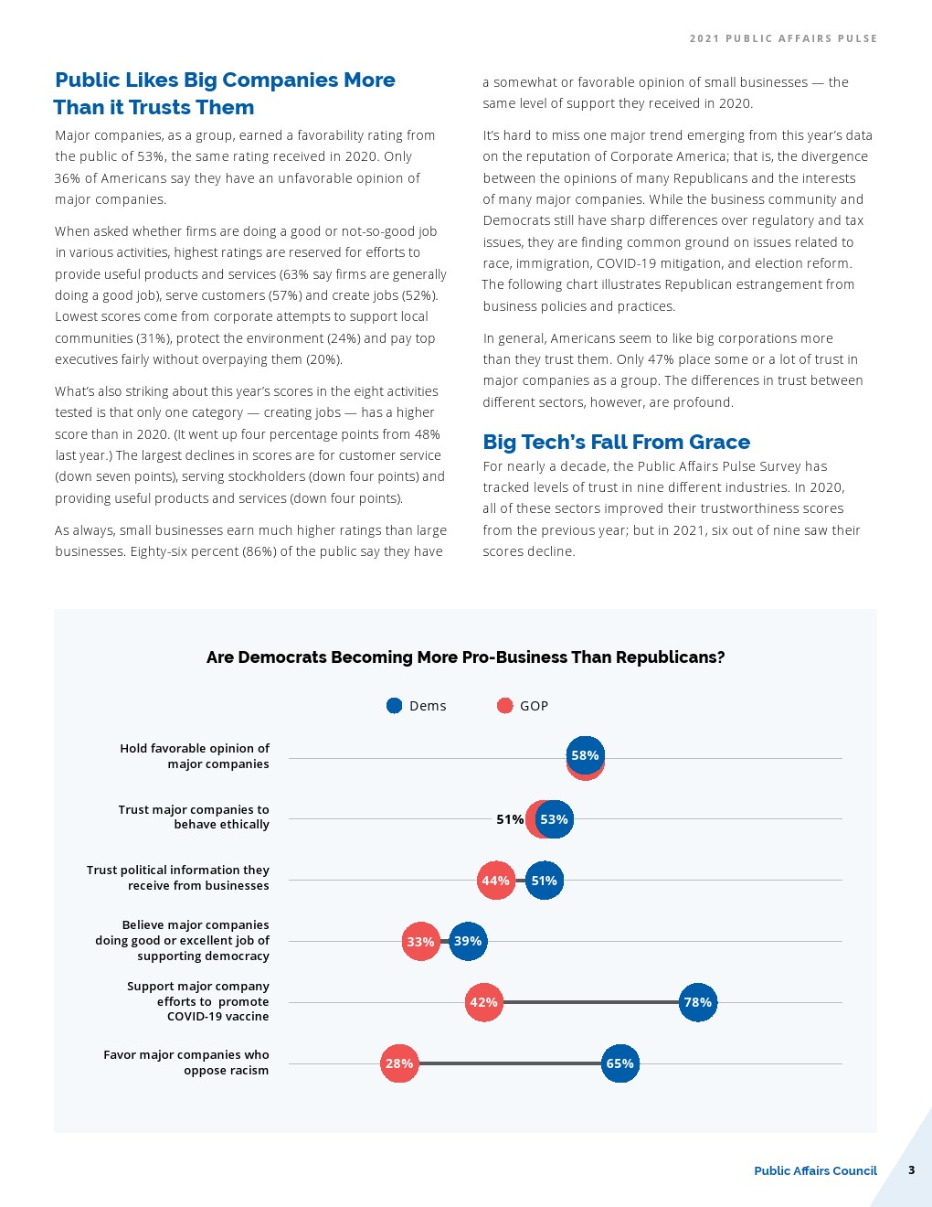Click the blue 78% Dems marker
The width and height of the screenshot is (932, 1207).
(698, 1002)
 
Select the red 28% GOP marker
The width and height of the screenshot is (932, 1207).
(399, 1063)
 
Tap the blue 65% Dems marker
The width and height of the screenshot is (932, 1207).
(620, 1063)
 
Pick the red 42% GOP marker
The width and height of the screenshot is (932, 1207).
(483, 1002)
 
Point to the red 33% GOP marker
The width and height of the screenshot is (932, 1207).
(420, 942)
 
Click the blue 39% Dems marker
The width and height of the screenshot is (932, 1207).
(468, 941)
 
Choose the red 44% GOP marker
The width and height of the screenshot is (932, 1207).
(495, 881)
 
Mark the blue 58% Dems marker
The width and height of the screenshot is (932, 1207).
(585, 755)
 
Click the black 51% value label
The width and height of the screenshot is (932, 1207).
(510, 819)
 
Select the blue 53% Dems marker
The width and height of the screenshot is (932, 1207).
(555, 819)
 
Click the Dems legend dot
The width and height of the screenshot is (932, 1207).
(395, 706)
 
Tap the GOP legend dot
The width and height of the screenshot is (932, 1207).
(504, 706)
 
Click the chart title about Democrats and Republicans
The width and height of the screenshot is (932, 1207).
(465, 657)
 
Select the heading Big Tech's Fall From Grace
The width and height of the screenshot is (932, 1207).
(616, 443)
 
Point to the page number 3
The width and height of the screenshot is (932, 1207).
(911, 1170)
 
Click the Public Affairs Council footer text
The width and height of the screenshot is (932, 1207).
(815, 1170)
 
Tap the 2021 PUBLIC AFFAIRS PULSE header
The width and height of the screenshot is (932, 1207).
(783, 38)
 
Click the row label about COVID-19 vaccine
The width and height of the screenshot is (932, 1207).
(198, 1001)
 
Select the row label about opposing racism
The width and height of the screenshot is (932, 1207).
(186, 1063)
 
